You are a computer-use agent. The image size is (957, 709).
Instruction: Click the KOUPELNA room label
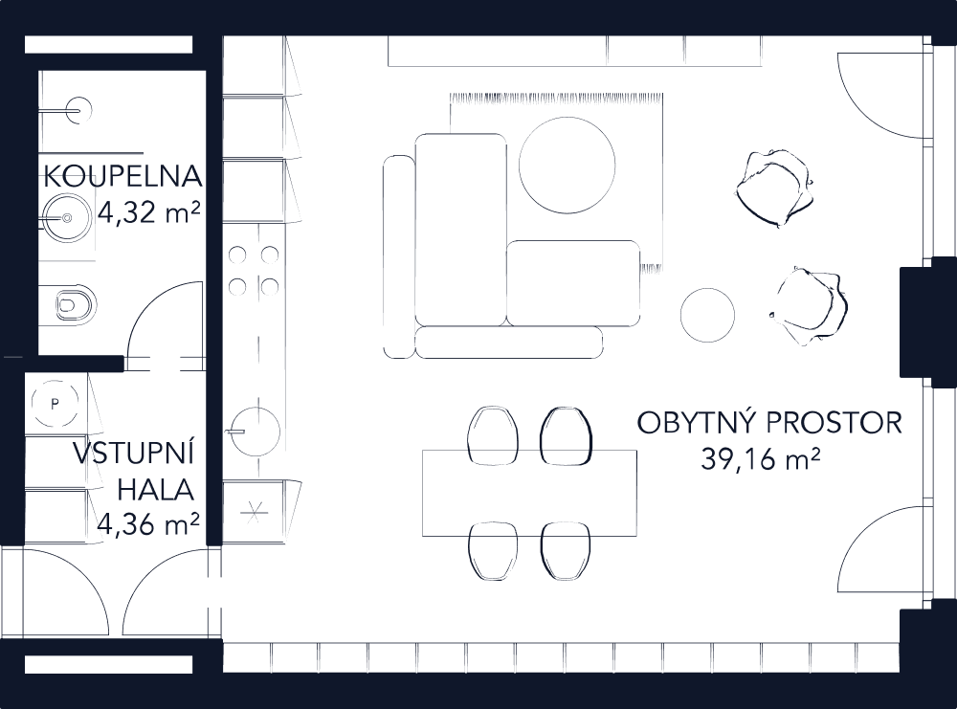point(122,177)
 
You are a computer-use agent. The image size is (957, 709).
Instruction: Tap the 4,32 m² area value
point(148,212)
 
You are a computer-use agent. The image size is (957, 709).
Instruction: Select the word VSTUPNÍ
point(134,452)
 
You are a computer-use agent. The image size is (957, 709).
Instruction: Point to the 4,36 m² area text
point(148,523)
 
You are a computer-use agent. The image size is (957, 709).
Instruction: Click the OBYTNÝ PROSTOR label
point(769,423)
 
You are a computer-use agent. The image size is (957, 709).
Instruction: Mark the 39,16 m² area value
point(762,460)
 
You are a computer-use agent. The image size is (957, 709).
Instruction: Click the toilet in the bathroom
point(75,304)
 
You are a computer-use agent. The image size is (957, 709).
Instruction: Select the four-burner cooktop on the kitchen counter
point(253,270)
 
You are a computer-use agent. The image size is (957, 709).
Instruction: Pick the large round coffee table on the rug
point(567,162)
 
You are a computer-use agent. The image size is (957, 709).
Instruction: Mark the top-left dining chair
point(493,435)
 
